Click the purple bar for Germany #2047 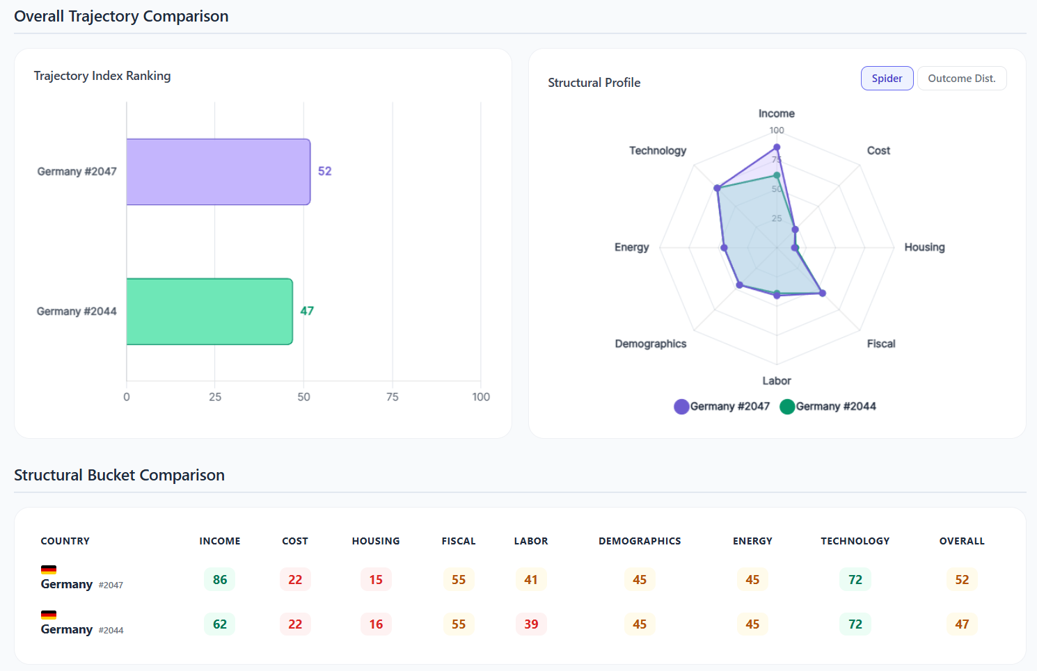(218, 172)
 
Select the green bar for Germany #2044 (209, 312)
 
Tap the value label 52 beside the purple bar (324, 171)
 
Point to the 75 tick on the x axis (393, 397)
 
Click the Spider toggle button (887, 79)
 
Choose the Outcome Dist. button (961, 79)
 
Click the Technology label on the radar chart (658, 151)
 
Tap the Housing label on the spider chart (924, 248)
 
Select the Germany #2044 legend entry (828, 407)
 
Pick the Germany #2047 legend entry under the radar (722, 407)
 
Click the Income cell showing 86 (220, 580)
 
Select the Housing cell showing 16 (376, 624)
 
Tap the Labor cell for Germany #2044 (531, 624)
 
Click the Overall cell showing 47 (962, 624)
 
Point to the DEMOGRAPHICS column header (640, 541)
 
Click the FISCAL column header (459, 541)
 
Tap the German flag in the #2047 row (49, 569)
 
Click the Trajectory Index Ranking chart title (102, 76)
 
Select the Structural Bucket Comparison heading (119, 475)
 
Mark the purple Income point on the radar (777, 147)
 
